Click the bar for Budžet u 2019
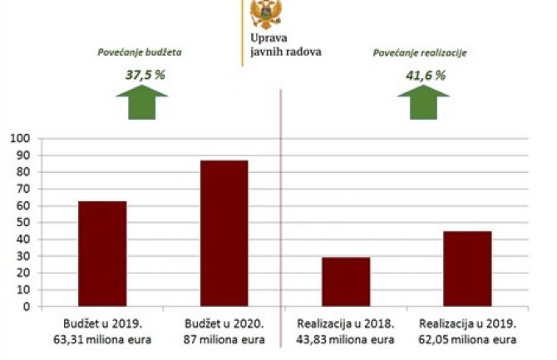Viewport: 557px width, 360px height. tap(102, 254)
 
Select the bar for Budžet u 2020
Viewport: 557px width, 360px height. tap(224, 233)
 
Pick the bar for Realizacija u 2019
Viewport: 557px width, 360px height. tap(467, 269)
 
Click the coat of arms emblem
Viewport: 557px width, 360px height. tap(265, 14)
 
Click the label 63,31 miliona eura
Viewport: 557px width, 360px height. tap(102, 338)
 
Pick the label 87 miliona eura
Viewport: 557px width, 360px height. tap(224, 338)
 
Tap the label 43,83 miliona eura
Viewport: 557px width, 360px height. tap(346, 338)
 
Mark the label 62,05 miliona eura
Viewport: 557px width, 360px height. tap(468, 338)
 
